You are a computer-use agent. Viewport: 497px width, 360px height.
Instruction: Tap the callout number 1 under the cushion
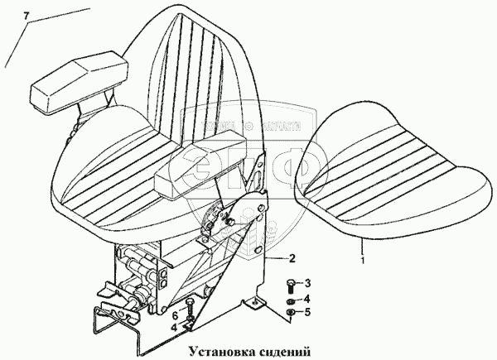point(362,260)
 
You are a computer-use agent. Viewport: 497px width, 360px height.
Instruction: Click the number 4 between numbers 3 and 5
point(306,299)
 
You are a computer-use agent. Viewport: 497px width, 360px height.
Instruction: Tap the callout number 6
point(175,315)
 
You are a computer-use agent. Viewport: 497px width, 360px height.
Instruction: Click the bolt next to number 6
point(191,315)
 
